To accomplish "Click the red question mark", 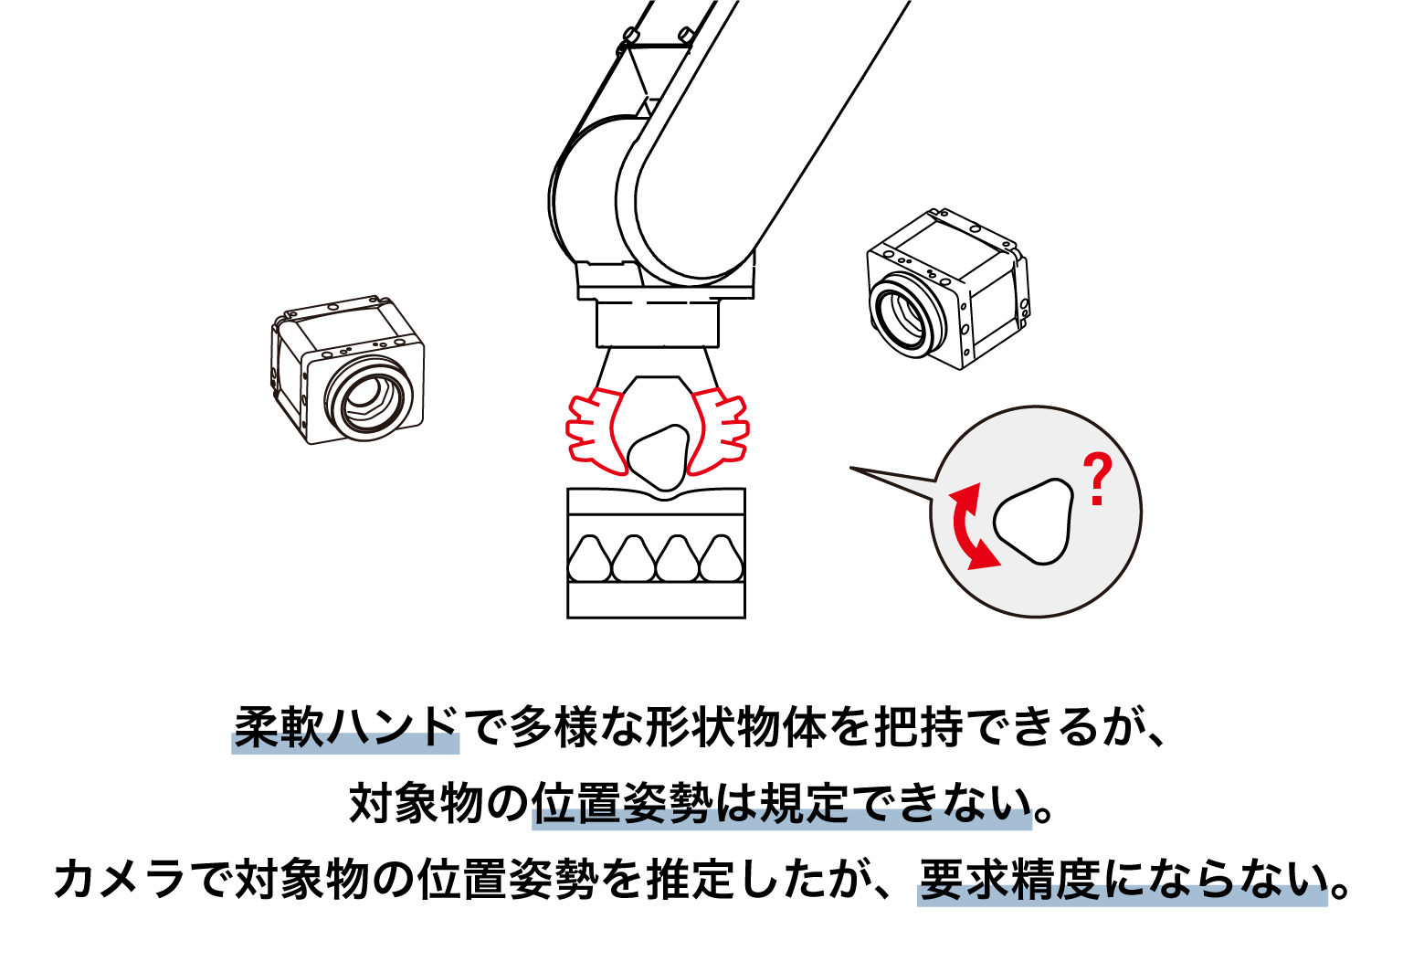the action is [1097, 479].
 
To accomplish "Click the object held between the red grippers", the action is [658, 457].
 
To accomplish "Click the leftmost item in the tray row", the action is [589, 558].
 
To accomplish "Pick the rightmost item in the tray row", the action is [721, 558].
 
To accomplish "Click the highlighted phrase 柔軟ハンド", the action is [346, 728].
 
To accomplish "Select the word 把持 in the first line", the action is [918, 728].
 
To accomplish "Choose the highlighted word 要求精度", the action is [1009, 880].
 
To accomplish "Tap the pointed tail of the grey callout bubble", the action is [851, 467].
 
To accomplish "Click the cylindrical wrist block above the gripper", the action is [657, 323].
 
